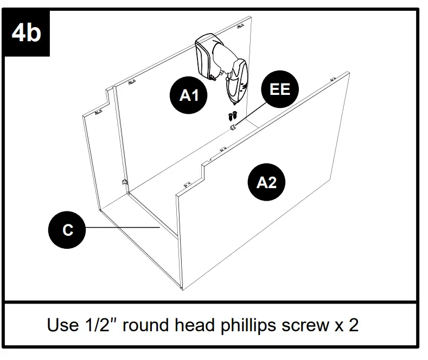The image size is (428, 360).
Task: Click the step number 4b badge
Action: [25, 32]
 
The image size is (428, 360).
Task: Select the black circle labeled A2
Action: [266, 182]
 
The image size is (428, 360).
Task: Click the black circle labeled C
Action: [67, 230]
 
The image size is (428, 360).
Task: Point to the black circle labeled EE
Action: [280, 89]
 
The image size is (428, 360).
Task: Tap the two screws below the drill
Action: [232, 115]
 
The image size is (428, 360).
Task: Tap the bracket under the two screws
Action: [233, 127]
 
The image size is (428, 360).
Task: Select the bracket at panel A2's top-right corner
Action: [333, 80]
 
